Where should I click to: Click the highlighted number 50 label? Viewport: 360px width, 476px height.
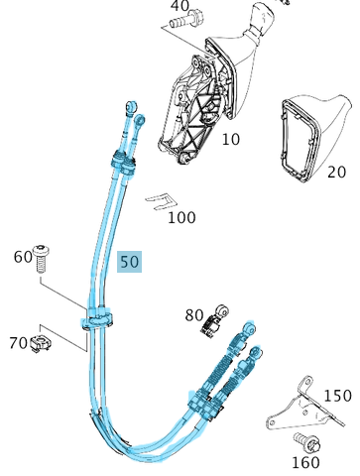point(129,262)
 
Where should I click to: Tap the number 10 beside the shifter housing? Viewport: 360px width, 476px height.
point(231,139)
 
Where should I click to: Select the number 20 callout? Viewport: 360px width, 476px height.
point(336,172)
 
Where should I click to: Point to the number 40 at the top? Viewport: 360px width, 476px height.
point(180,6)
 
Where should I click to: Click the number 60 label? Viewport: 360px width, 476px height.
point(23,257)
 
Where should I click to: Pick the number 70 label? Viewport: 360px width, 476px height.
point(18,343)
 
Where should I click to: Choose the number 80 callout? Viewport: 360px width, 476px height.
point(194,315)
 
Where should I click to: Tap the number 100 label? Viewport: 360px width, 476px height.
point(181,217)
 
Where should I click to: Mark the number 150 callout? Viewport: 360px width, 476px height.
point(337,396)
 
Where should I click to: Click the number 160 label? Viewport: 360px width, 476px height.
point(305,462)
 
